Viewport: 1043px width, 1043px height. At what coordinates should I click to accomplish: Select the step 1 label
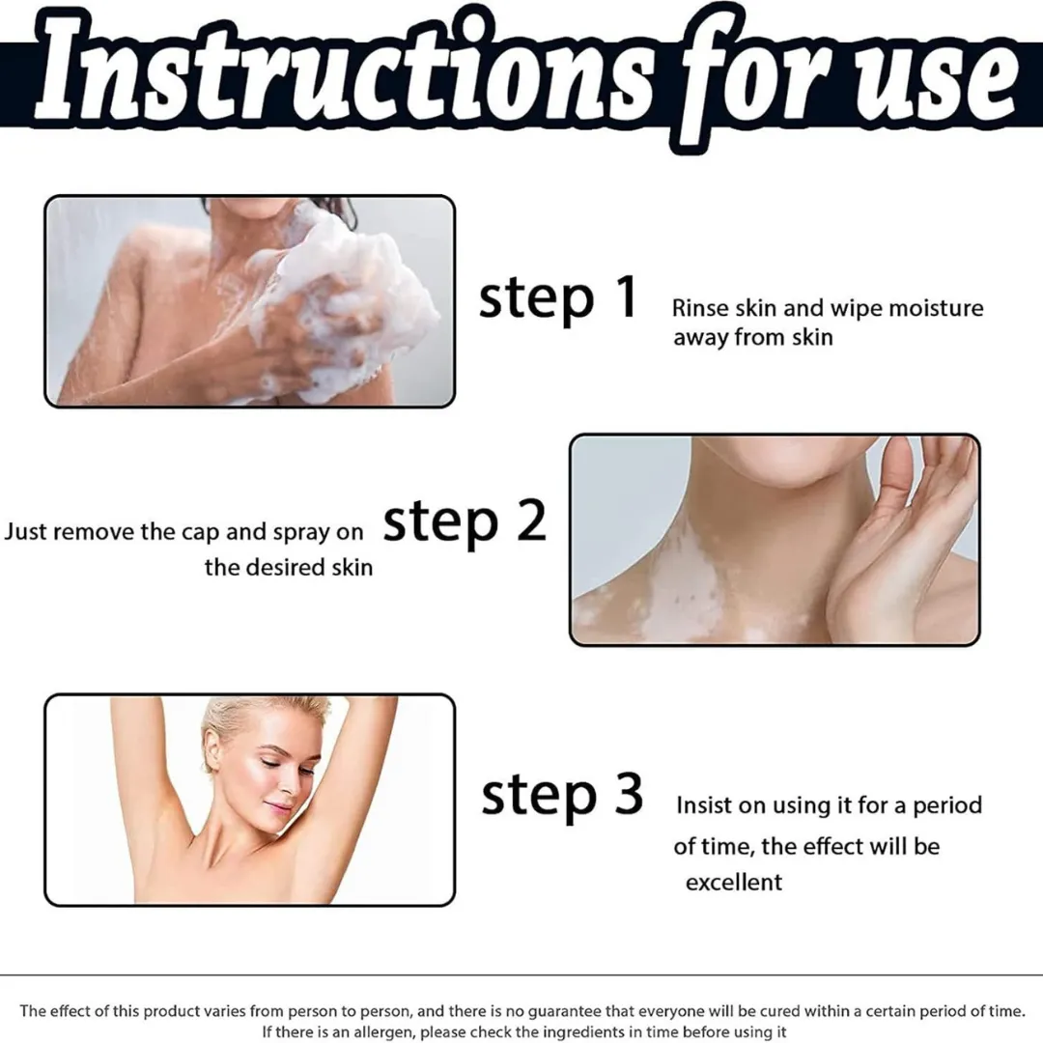558,298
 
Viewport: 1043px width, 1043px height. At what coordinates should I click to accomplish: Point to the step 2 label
465,523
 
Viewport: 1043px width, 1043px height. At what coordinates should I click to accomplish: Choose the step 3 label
562,796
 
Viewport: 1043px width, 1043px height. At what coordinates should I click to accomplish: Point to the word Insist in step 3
704,805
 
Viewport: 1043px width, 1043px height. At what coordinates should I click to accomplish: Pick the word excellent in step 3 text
734,883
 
